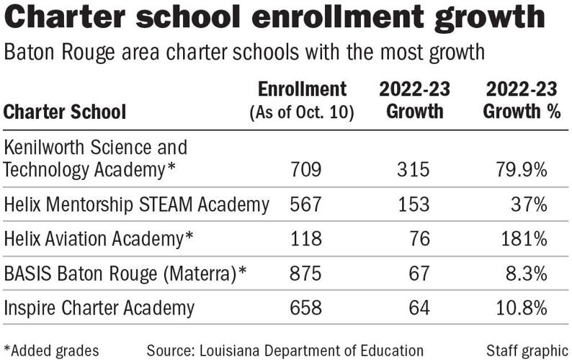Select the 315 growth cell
coord(414,170)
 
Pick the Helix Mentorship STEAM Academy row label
coord(137,204)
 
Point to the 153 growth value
coord(414,204)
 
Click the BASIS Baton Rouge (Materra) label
coord(126,274)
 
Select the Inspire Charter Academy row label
coord(99,308)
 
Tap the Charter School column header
coord(65,112)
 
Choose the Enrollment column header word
coord(303,89)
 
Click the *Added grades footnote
coord(51,350)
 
